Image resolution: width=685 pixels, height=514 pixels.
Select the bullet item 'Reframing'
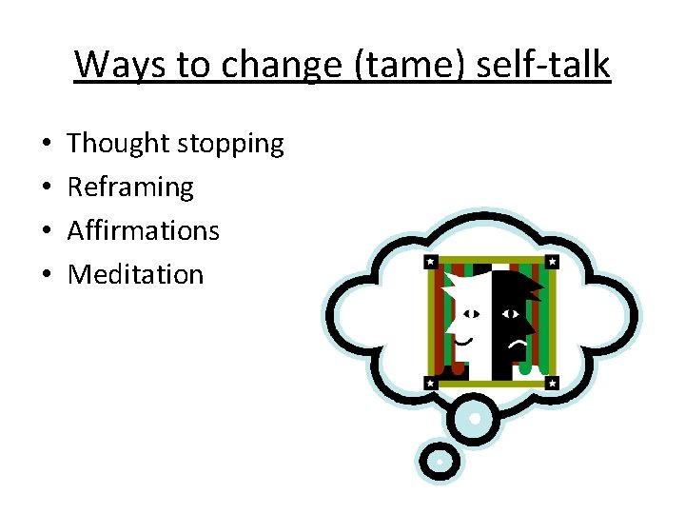click(x=130, y=188)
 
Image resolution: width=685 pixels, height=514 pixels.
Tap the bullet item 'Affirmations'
click(x=144, y=230)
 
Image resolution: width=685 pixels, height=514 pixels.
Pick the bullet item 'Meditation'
click(x=136, y=274)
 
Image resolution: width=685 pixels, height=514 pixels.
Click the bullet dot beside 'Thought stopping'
click(x=48, y=145)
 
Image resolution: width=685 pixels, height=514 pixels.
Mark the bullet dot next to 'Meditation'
click(x=48, y=275)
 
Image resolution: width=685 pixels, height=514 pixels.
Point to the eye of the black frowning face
click(x=511, y=312)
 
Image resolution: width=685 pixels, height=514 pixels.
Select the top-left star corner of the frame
click(x=431, y=260)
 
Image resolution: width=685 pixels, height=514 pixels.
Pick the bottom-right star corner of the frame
click(x=552, y=382)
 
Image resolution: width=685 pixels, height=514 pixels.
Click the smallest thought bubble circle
click(x=439, y=462)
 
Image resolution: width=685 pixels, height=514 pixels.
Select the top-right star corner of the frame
click(x=552, y=260)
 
